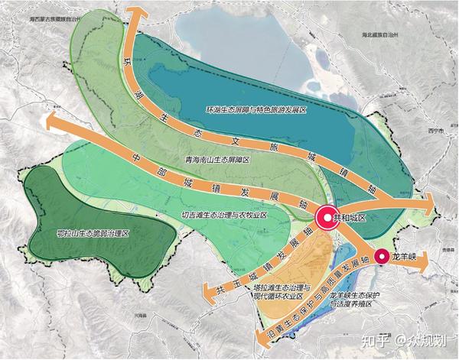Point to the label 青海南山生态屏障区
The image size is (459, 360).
218,159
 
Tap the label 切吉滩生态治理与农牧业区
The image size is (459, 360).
224,216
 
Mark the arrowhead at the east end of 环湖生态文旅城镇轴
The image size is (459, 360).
429,200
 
